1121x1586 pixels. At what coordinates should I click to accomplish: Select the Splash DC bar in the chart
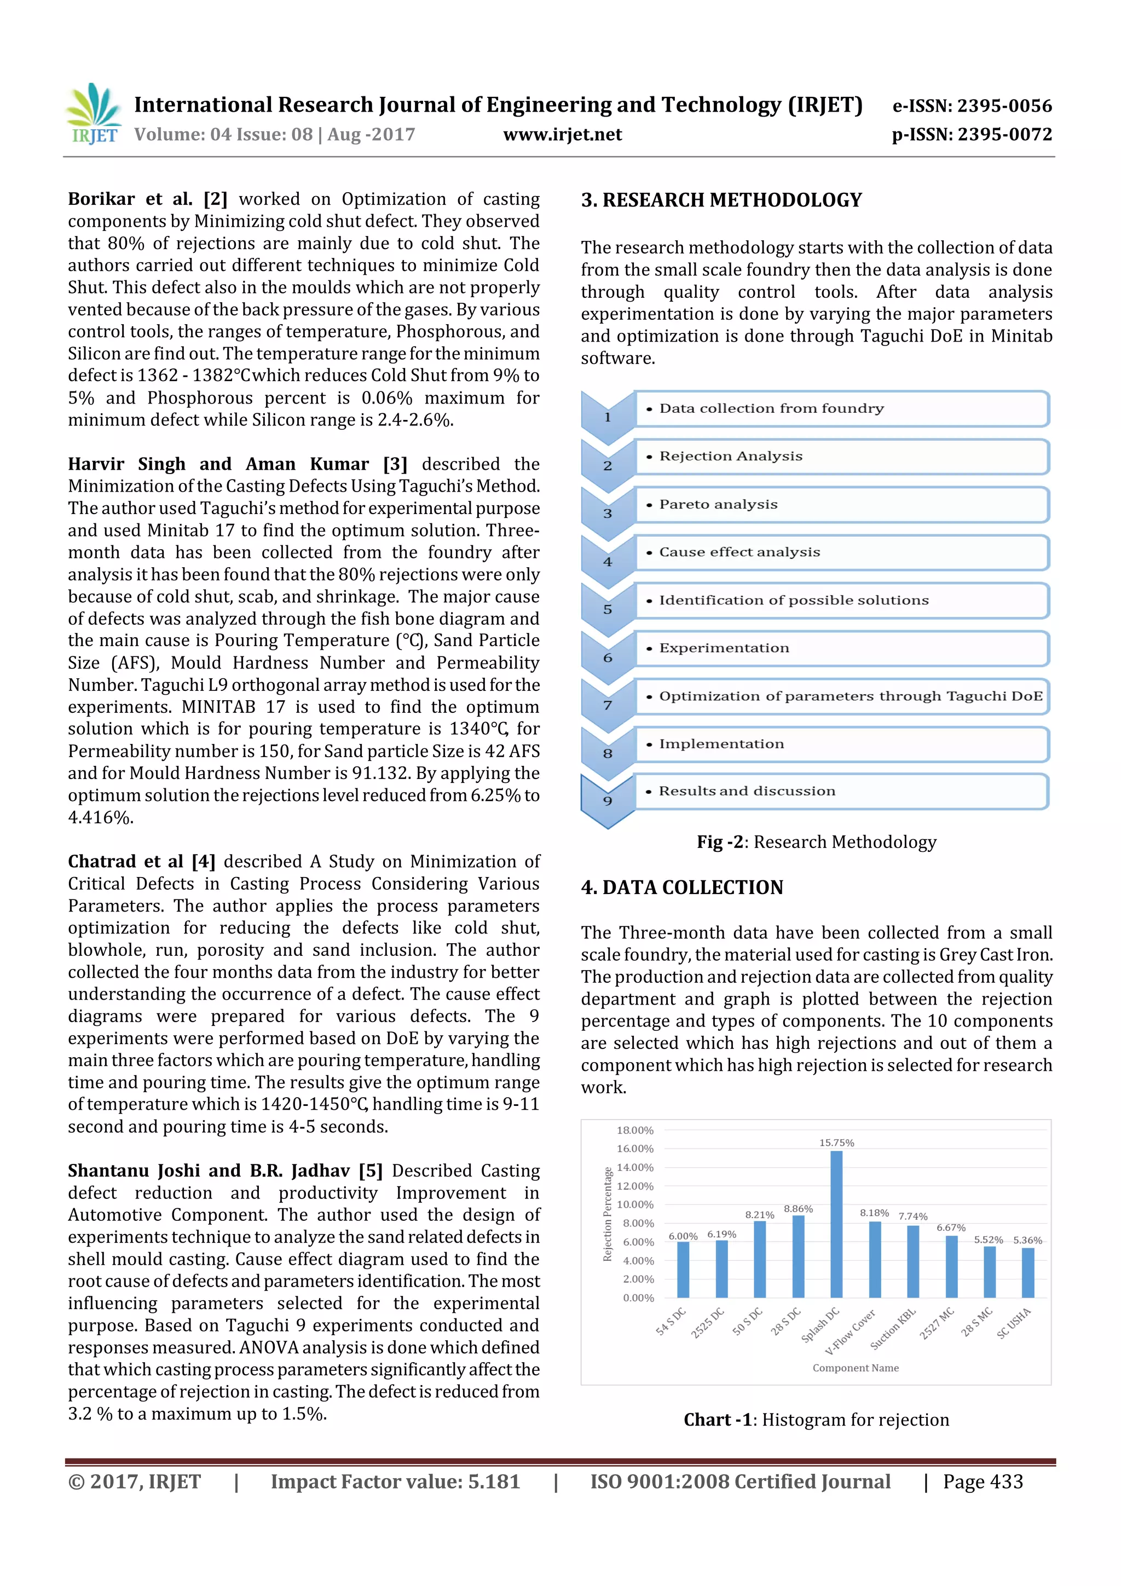coord(836,1224)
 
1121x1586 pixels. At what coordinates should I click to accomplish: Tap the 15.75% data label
coord(836,1143)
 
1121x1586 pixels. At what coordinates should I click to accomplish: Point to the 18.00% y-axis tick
coord(635,1130)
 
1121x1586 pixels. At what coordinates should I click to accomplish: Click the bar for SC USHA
coord(1028,1272)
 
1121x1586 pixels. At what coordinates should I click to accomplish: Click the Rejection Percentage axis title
coord(608,1214)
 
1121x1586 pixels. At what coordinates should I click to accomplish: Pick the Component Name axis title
coord(855,1368)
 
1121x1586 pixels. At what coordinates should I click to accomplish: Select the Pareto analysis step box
coord(841,504)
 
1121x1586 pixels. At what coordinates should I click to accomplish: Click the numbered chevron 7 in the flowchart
coord(608,705)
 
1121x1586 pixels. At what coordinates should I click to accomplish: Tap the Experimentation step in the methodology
coord(841,648)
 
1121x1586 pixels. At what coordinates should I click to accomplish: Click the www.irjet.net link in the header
coord(562,135)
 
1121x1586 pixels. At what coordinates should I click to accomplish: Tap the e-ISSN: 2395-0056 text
coord(972,106)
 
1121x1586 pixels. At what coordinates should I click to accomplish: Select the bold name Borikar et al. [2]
coord(147,199)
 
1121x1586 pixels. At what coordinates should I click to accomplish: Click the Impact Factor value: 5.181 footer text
coord(395,1481)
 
